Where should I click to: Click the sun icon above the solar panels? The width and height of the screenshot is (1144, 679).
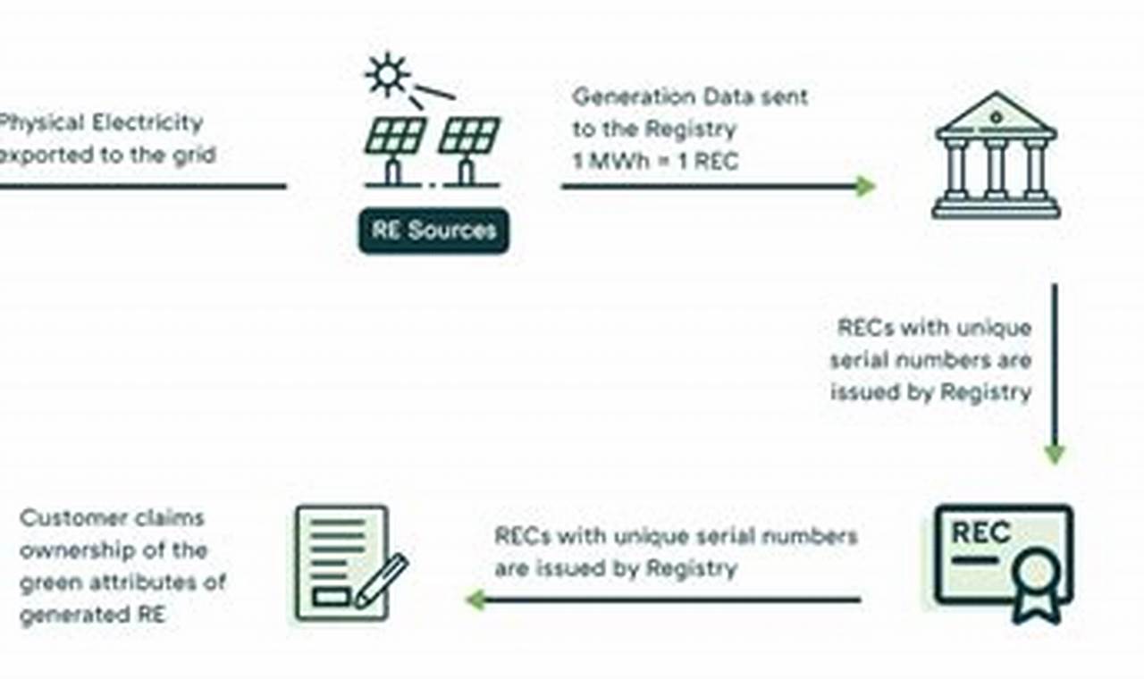click(388, 74)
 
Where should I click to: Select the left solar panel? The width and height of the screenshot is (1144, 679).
click(394, 137)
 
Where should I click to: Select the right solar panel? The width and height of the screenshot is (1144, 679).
click(469, 137)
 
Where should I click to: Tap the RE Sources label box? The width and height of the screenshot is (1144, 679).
click(434, 231)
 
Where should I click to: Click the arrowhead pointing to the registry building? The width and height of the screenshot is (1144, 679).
click(864, 187)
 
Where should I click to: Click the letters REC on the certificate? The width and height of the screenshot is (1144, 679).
click(980, 532)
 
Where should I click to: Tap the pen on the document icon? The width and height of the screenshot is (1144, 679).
click(382, 580)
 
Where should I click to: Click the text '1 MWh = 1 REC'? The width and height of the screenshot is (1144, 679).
click(655, 163)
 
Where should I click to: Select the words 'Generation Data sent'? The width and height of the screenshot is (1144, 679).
click(689, 96)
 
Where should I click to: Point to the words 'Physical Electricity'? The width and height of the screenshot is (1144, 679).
click(101, 122)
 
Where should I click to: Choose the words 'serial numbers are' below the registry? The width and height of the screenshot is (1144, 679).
click(930, 360)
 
